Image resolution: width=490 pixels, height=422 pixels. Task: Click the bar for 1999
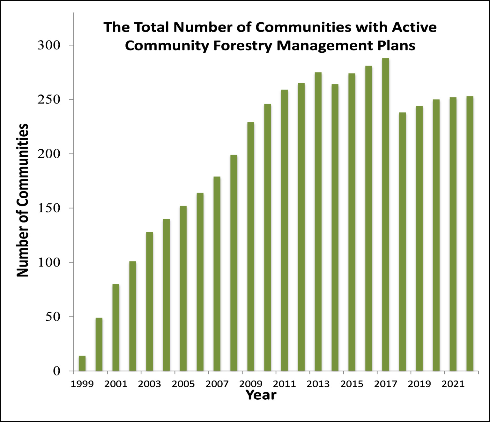coord(82,363)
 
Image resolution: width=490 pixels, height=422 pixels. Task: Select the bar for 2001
coord(116,327)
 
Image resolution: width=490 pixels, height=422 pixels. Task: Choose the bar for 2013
coord(318,222)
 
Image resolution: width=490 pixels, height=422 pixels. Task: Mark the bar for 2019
coord(419,238)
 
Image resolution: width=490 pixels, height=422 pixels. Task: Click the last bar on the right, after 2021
coord(470,233)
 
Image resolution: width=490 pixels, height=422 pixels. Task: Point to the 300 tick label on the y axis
coord(48,45)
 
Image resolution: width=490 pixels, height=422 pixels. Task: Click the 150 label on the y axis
coord(48,208)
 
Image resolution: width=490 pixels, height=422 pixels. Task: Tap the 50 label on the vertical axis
coord(52,317)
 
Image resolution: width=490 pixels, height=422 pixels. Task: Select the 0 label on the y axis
coord(56,371)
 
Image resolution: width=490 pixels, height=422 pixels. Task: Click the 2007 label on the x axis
coord(217,384)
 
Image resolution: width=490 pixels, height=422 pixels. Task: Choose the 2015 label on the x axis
coord(352,384)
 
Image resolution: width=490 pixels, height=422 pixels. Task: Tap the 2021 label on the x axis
coord(453,384)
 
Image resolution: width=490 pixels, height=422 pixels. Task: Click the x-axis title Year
coord(261,395)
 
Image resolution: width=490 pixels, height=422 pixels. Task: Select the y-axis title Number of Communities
coord(22,200)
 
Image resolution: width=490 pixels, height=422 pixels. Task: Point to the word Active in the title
coord(414,27)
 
